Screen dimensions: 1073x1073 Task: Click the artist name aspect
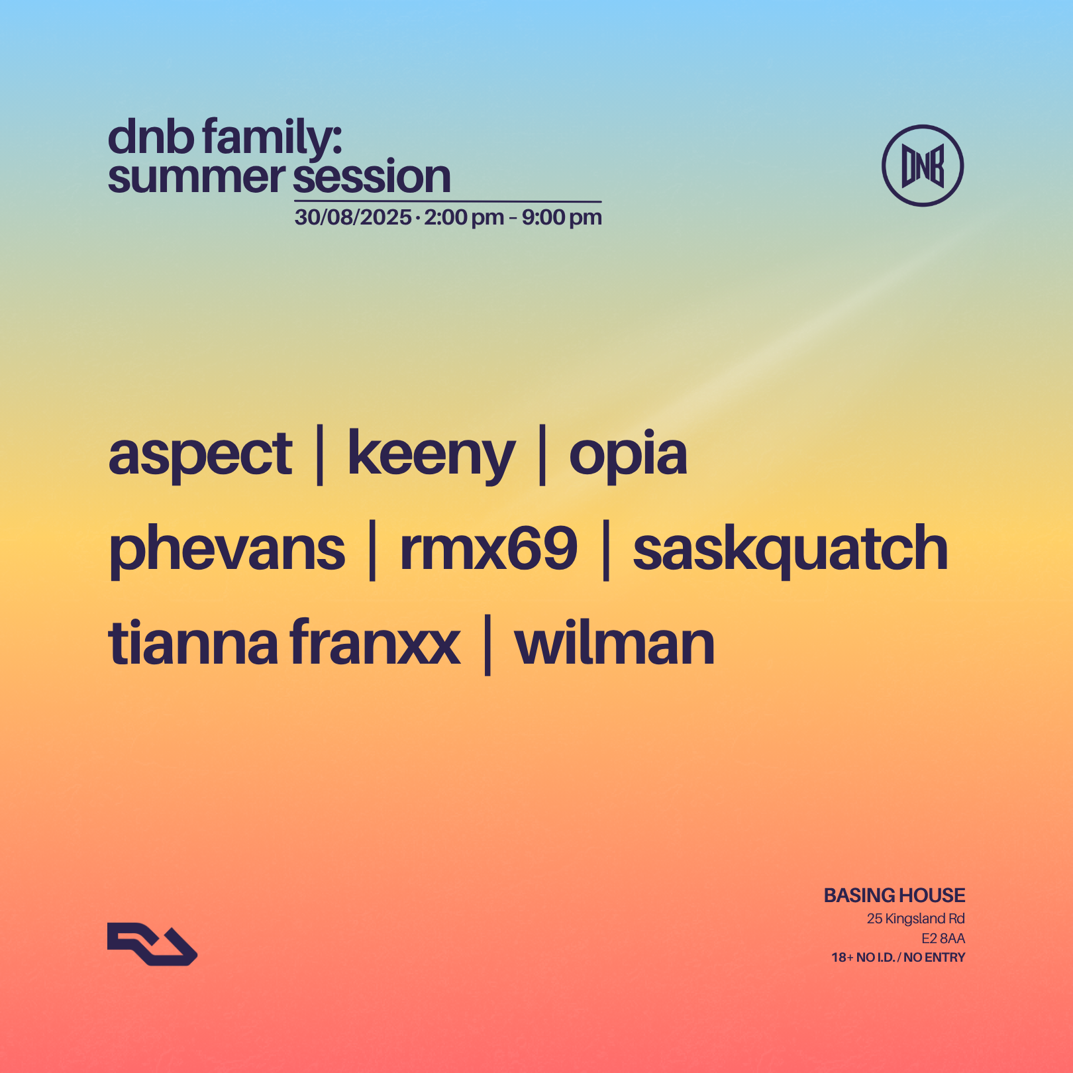tap(200, 455)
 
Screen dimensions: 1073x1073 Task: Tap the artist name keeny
tap(431, 455)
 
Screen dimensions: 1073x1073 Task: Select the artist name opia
tap(628, 455)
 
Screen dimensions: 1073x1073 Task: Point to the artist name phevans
tap(227, 550)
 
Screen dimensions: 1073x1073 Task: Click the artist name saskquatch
tap(790, 550)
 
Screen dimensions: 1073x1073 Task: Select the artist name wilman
tap(615, 644)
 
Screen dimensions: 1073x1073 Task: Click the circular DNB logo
tap(922, 166)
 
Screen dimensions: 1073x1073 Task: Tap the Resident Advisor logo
tap(152, 944)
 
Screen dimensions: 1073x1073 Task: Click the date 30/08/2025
tap(353, 217)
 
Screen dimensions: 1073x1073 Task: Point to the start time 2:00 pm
tap(464, 217)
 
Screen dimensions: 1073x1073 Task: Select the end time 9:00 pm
tap(562, 217)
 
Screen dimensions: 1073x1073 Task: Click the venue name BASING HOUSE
tap(894, 895)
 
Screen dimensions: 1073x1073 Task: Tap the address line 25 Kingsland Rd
tap(915, 919)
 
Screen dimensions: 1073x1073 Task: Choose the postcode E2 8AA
tap(943, 939)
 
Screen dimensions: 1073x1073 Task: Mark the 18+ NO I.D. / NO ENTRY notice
tap(898, 958)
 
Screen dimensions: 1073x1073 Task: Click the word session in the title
tap(372, 178)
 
